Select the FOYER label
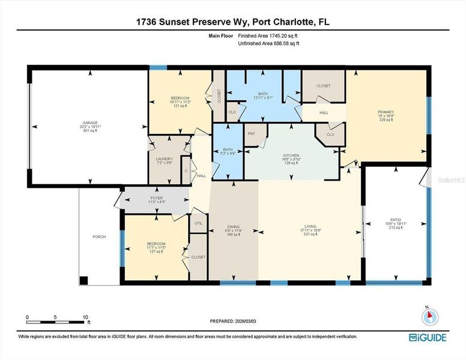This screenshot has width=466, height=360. tap(156, 198)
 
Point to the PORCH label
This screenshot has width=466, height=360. tap(99, 237)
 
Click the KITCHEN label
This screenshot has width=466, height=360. tap(291, 155)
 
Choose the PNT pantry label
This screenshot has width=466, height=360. tap(251, 134)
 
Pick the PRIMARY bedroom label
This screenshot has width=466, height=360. tap(386, 112)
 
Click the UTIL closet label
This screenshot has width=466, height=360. tap(198, 223)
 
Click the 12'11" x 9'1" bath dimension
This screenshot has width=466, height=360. tap(263, 98)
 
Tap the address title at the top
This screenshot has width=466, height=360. tap(232, 22)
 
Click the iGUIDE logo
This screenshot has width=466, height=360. tap(428, 337)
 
